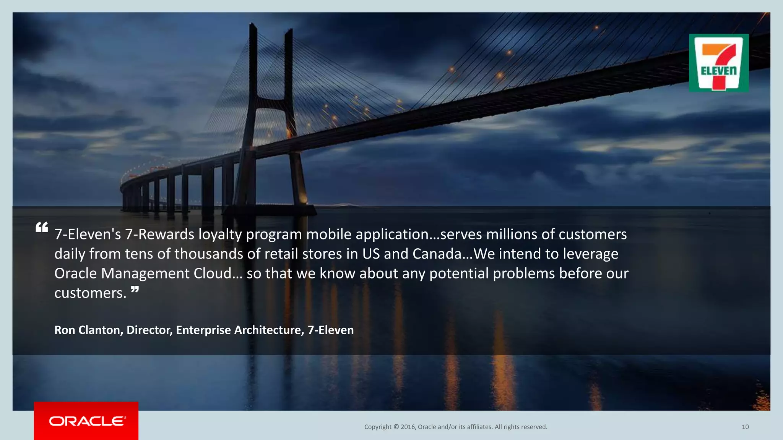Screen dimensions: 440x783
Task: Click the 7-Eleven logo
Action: click(x=718, y=63)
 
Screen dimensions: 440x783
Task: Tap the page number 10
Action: click(x=745, y=427)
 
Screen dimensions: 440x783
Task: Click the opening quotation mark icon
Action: click(x=42, y=228)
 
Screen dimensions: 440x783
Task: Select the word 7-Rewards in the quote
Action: click(x=159, y=234)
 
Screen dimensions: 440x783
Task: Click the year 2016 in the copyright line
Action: click(x=408, y=427)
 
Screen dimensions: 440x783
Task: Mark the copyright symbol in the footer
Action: click(x=396, y=427)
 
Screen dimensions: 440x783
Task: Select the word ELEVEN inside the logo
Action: click(x=718, y=71)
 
